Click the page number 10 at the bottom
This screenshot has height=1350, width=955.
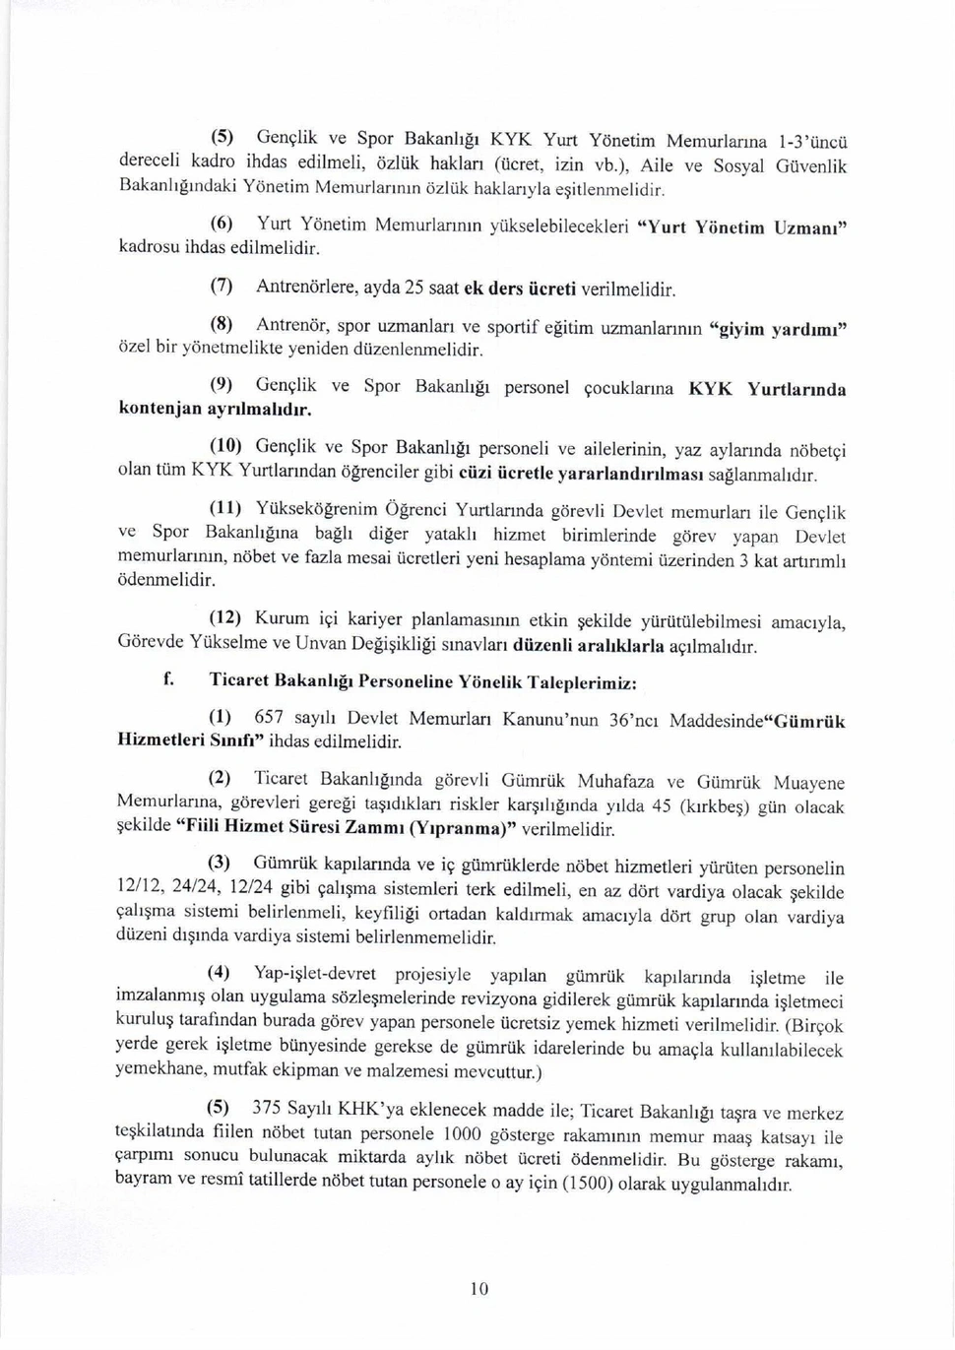pos(479,1289)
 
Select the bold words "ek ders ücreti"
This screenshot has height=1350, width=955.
pos(520,289)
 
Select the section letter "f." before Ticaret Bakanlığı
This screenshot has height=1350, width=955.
pos(170,679)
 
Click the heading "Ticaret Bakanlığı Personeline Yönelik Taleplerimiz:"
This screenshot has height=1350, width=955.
pos(422,681)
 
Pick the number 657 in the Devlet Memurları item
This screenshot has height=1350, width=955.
pos(269,718)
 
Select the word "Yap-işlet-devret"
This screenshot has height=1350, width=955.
pos(315,974)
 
